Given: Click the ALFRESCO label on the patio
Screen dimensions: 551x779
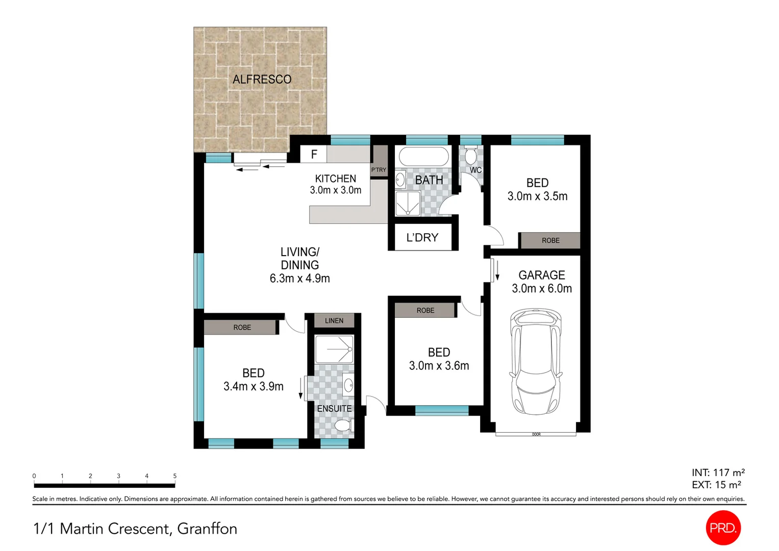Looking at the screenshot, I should click(262, 80).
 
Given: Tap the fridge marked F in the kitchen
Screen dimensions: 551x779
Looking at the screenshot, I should click(314, 154).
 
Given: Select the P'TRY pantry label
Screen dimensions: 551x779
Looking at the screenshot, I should click(379, 170).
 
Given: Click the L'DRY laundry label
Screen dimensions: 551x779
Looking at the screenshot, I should click(422, 238).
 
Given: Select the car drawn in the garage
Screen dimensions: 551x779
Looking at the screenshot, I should click(536, 361).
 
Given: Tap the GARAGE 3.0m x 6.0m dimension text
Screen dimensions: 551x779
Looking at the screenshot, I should click(541, 289).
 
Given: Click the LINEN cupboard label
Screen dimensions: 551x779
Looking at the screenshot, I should click(334, 320).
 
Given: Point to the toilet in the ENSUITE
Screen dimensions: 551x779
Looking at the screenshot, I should click(343, 425).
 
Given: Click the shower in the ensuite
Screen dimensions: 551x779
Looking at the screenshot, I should click(334, 349).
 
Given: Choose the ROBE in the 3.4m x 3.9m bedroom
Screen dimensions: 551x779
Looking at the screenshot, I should click(242, 328).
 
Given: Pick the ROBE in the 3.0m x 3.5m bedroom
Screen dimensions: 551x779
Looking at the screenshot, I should click(550, 240).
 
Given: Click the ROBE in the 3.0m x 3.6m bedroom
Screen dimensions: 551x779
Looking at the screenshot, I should click(425, 310).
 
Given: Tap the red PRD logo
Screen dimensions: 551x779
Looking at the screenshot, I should click(723, 528).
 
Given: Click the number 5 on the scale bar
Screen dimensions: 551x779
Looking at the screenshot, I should click(174, 476).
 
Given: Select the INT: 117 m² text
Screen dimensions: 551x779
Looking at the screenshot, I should click(718, 472).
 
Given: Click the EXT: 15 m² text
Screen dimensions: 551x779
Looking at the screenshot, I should click(716, 485).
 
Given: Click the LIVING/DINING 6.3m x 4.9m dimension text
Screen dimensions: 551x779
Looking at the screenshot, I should click(299, 279).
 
